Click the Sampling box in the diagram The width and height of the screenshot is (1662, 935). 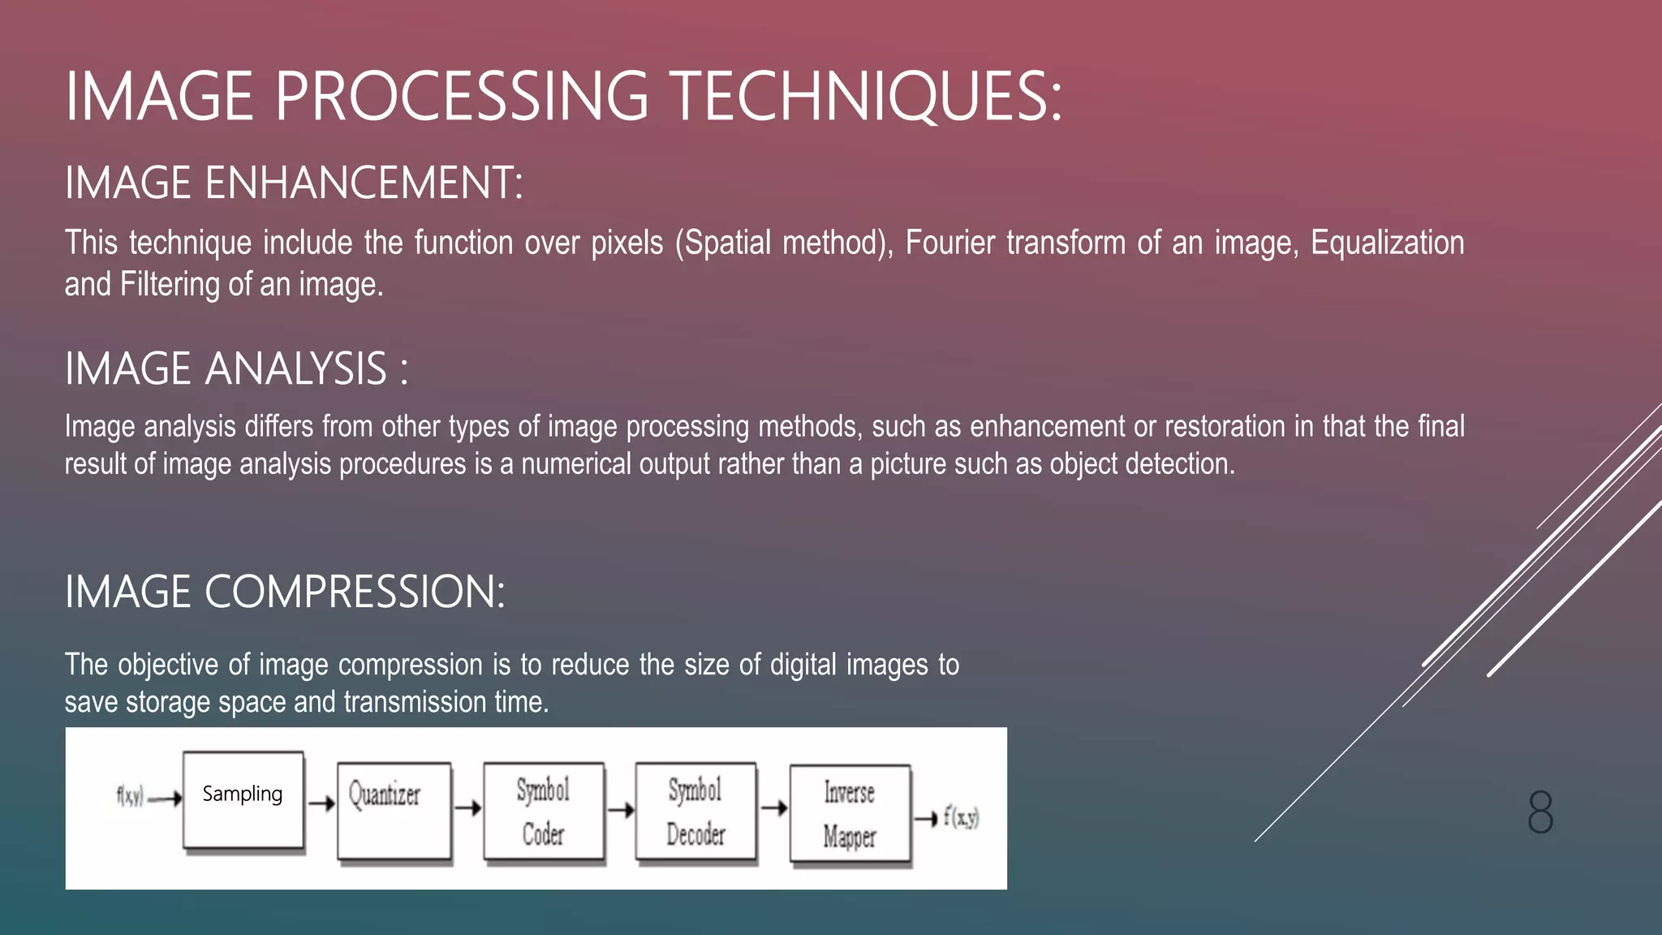pos(243,800)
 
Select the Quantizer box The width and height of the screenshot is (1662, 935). pos(394,810)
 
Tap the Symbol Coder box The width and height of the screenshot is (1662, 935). pos(544,810)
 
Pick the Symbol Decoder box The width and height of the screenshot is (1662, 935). pos(695,810)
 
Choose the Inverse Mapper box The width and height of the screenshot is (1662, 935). pos(850,813)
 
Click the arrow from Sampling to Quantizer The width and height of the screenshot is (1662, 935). pos(321,804)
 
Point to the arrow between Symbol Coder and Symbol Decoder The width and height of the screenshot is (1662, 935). pos(621,809)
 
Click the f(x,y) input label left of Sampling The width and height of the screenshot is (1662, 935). pos(130,797)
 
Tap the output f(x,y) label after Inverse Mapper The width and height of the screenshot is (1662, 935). pos(962,817)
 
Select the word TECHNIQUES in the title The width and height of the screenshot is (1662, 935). pos(867,97)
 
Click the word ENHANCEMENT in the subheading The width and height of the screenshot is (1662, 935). pos(364,183)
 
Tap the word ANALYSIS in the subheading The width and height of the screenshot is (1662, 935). pos(296,369)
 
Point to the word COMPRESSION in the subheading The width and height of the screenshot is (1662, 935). pos(355,592)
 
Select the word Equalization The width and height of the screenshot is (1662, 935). pos(1387,243)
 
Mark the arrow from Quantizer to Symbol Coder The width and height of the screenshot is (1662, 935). pos(467,808)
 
